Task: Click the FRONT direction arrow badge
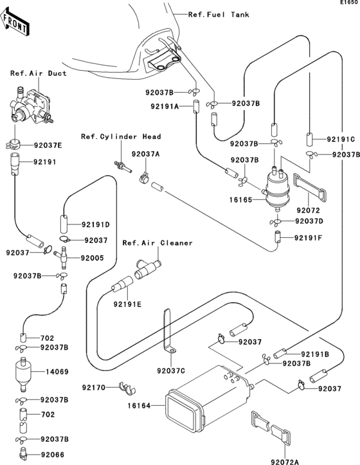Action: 16,25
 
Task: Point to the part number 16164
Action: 139,406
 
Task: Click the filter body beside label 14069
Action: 23,372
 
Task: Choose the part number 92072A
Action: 289,460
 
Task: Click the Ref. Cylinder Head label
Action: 120,136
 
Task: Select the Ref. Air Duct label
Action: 39,73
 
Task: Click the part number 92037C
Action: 170,370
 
